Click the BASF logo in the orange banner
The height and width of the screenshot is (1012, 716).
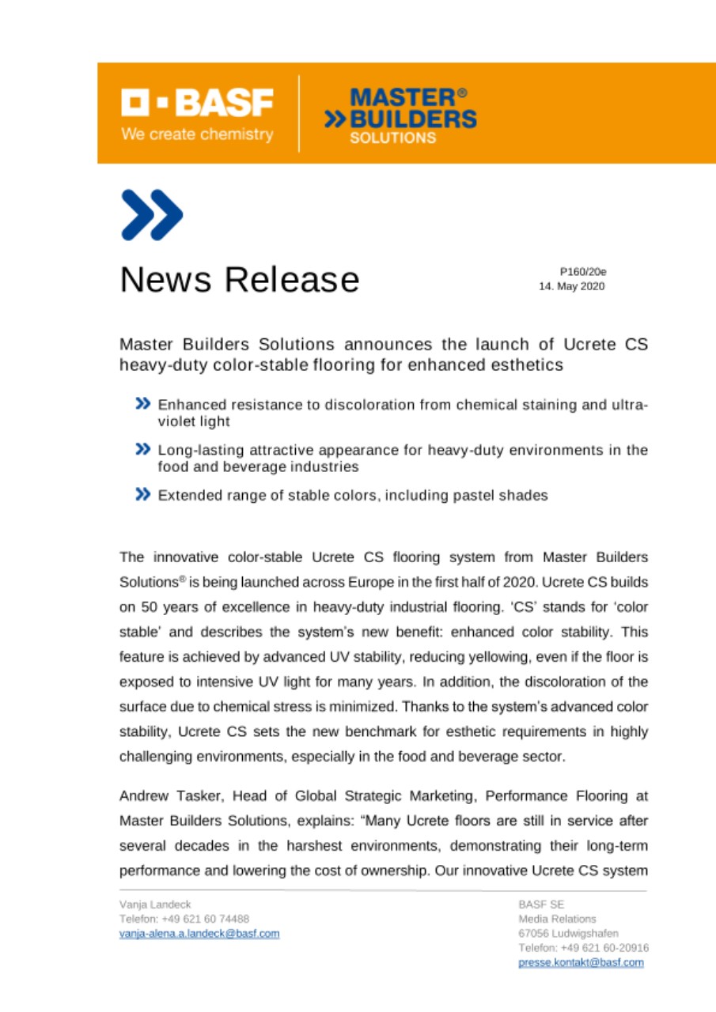pos(198,101)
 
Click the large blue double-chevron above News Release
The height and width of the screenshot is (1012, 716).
pos(152,216)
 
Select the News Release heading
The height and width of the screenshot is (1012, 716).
pos(240,279)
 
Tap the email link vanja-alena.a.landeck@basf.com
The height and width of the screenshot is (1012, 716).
pos(199,933)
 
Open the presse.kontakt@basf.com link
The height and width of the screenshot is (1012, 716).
pos(581,962)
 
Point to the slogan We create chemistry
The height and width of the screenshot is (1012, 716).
pos(197,134)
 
